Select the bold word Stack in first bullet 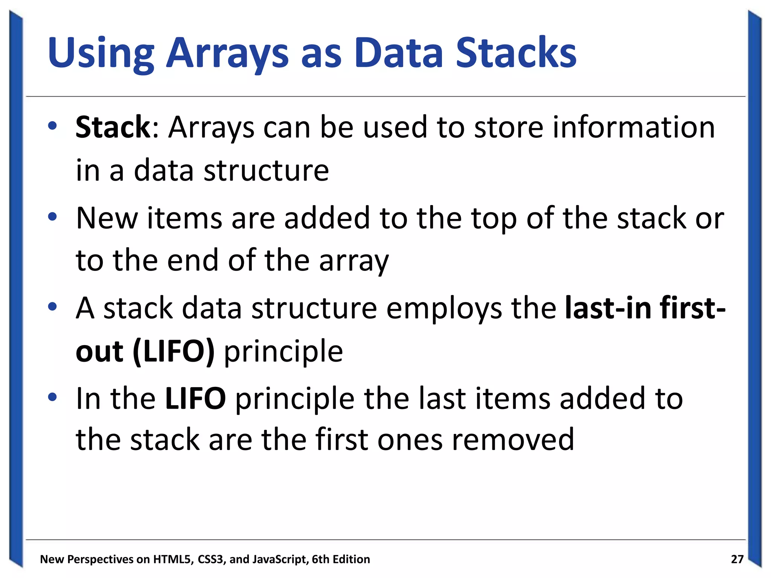click(113, 127)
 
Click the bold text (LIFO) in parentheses click(174, 351)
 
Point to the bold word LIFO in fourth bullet click(195, 399)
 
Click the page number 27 click(737, 559)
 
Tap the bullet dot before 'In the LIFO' click(52, 397)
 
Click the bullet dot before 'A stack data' click(52, 306)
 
